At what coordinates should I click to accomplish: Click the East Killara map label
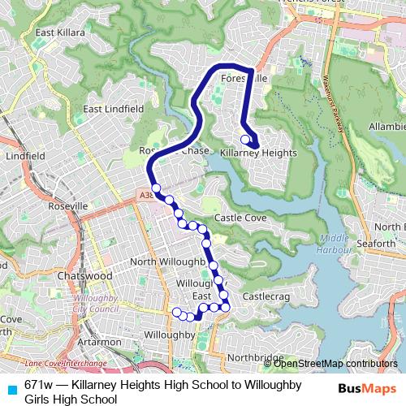pyautogui.click(x=59, y=32)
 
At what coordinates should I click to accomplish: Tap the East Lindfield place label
pyautogui.click(x=113, y=108)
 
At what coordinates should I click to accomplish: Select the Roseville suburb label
pyautogui.click(x=68, y=206)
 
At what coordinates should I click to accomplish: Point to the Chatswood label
pyautogui.click(x=85, y=275)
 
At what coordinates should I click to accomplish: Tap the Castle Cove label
pyautogui.click(x=240, y=218)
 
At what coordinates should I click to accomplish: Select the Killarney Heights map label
pyautogui.click(x=258, y=152)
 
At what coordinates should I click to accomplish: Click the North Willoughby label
pyautogui.click(x=166, y=261)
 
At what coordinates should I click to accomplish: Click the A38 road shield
pyautogui.click(x=145, y=196)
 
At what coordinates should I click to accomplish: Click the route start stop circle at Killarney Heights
pyautogui.click(x=245, y=139)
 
